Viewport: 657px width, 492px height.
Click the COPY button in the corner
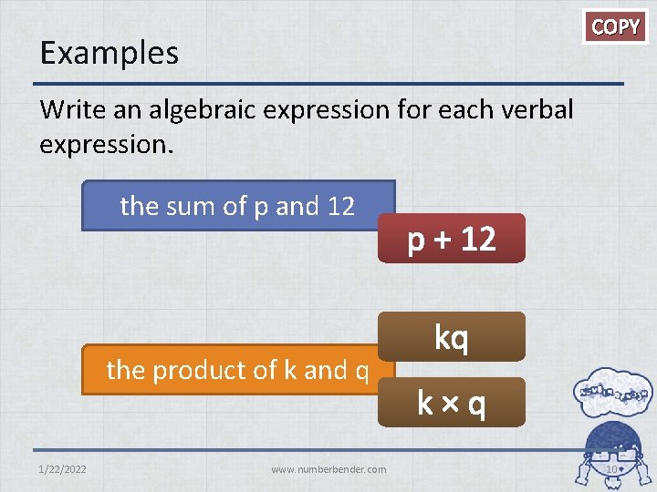pos(616,26)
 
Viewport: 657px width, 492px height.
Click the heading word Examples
pos(109,53)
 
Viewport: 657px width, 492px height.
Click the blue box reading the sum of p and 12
pos(237,206)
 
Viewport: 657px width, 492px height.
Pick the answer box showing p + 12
pos(452,239)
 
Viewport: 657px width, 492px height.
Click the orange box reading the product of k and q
pos(237,370)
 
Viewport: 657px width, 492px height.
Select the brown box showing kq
pos(452,337)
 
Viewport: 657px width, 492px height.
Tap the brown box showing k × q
pos(452,403)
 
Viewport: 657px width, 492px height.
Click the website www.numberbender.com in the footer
pos(328,469)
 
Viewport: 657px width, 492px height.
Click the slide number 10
pos(612,469)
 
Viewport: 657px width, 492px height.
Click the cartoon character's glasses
pos(613,453)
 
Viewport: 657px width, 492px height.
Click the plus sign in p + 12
pos(443,240)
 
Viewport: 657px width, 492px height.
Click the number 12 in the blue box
pos(339,207)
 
